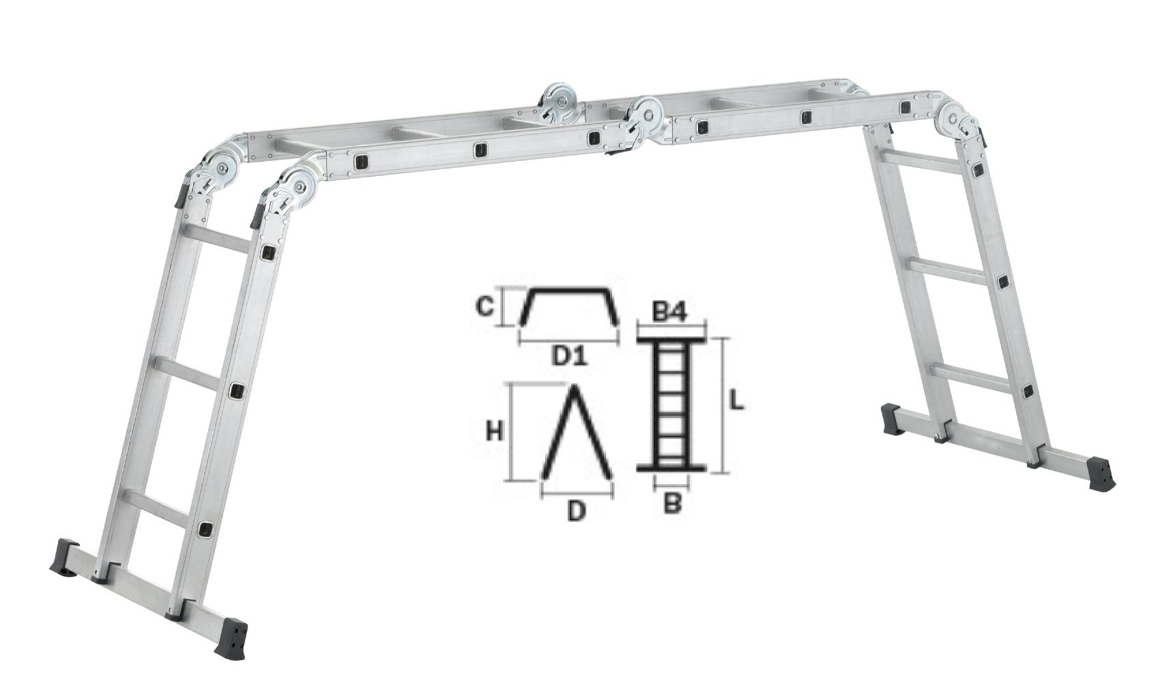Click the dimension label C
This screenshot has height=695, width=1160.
[x=484, y=308]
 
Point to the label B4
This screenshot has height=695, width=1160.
[x=669, y=314]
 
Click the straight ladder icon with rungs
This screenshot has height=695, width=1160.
[x=671, y=404]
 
